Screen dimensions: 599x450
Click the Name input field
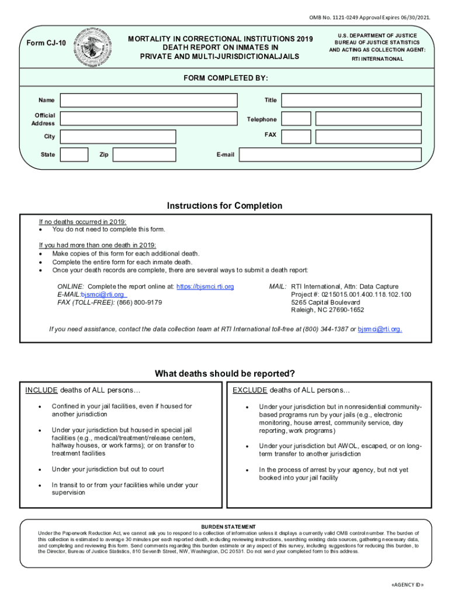149,100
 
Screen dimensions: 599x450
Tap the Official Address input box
149,119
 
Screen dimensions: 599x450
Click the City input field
118,136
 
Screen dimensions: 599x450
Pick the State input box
75,154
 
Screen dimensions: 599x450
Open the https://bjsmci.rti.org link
205,287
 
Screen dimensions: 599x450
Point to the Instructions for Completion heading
224,206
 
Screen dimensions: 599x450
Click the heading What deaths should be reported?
224,374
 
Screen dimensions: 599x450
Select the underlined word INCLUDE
41,390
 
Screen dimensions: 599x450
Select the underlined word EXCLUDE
250,390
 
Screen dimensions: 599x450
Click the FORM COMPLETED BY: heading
226,78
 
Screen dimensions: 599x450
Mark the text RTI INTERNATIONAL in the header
377,59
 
